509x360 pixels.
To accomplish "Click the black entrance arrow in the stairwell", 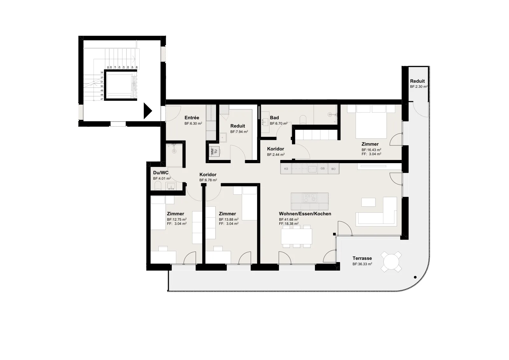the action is point(147,111).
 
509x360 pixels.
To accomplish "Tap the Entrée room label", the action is point(192,118).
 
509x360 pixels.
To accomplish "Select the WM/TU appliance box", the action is point(214,151).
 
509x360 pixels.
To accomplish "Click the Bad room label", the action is point(274,118).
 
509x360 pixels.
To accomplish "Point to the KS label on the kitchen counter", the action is point(286,169).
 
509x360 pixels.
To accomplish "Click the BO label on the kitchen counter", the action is point(333,169).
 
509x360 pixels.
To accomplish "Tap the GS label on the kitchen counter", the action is point(323,169).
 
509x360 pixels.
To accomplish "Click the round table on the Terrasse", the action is point(391,262).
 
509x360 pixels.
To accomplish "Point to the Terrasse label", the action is point(362,258).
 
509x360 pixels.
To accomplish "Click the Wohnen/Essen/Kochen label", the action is point(305,214).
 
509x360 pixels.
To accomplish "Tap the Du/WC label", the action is point(161,173).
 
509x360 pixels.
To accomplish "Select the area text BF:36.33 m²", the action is point(362,264).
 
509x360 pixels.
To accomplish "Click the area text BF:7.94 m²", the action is point(239,132).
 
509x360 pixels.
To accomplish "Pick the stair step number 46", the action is point(136,67).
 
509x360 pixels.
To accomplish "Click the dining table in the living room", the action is point(296,236).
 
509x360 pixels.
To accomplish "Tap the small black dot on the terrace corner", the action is point(415,277).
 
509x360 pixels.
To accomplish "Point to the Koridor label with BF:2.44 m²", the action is point(275,149).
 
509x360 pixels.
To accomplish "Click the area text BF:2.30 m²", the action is point(419,87).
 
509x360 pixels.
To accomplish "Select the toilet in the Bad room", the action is point(303,120).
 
